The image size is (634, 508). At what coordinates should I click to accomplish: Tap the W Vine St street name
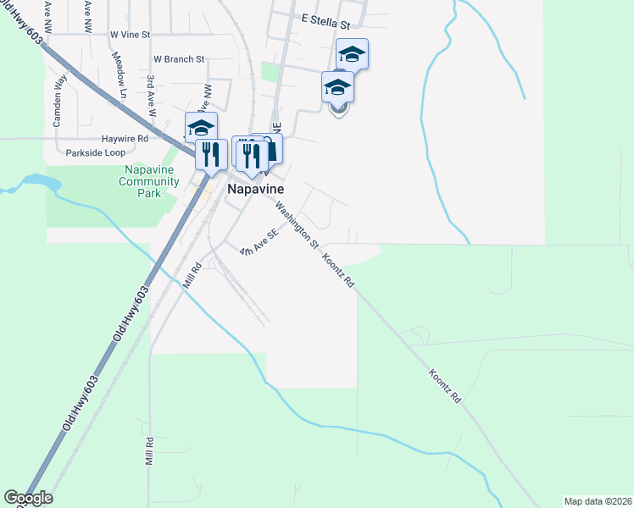click(130, 35)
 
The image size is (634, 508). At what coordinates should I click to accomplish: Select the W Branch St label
click(179, 59)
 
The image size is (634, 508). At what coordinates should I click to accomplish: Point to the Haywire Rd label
click(125, 138)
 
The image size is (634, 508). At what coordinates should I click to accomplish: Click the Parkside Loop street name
click(95, 153)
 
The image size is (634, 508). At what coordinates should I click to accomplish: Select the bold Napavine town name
click(255, 190)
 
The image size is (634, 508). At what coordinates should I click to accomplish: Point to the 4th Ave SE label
click(259, 243)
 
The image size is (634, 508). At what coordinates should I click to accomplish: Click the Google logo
click(28, 498)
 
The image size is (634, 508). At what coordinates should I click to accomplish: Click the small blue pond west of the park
click(38, 182)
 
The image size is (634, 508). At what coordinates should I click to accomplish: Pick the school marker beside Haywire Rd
click(201, 128)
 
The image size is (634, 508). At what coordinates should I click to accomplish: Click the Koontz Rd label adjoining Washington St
click(338, 268)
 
